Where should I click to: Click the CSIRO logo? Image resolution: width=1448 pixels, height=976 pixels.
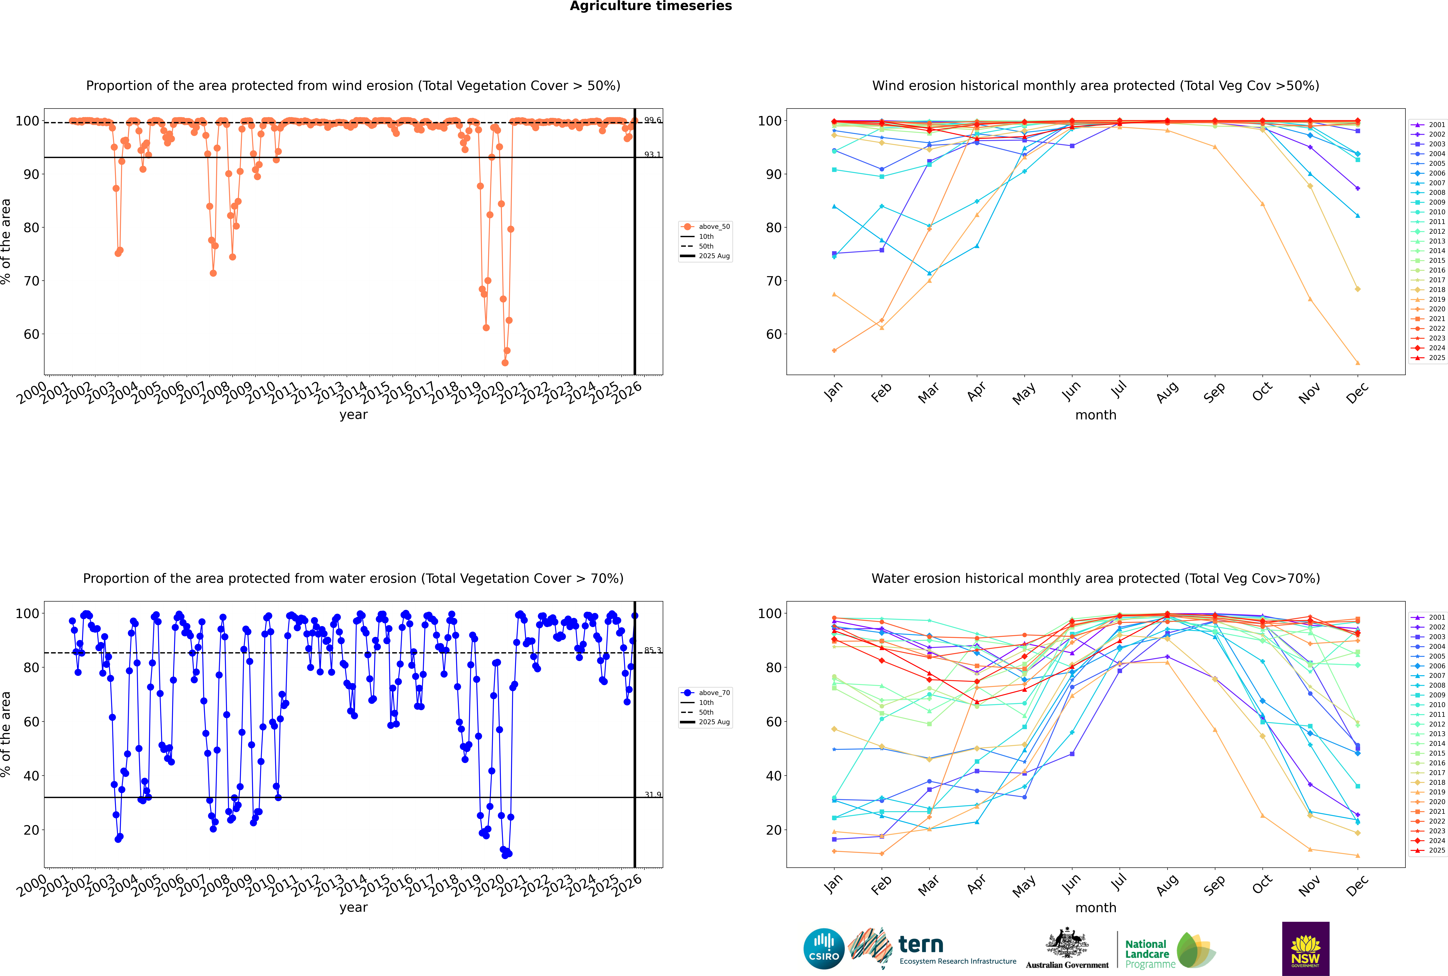coord(824,949)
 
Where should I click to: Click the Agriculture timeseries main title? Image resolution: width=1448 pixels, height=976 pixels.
coord(651,6)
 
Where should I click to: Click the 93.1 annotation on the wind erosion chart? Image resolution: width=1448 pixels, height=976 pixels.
coord(652,154)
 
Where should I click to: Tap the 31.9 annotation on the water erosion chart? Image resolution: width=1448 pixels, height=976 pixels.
coord(652,795)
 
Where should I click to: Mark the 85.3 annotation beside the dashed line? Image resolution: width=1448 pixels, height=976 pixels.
coord(652,651)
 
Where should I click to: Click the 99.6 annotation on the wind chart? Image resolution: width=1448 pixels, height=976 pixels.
coord(652,120)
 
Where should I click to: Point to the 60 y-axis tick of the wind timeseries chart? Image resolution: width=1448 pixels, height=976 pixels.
coord(31,334)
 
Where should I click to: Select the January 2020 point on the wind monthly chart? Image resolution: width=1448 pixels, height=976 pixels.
coord(834,351)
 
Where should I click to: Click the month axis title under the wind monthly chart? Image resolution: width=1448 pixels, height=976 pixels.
coord(1096,415)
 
